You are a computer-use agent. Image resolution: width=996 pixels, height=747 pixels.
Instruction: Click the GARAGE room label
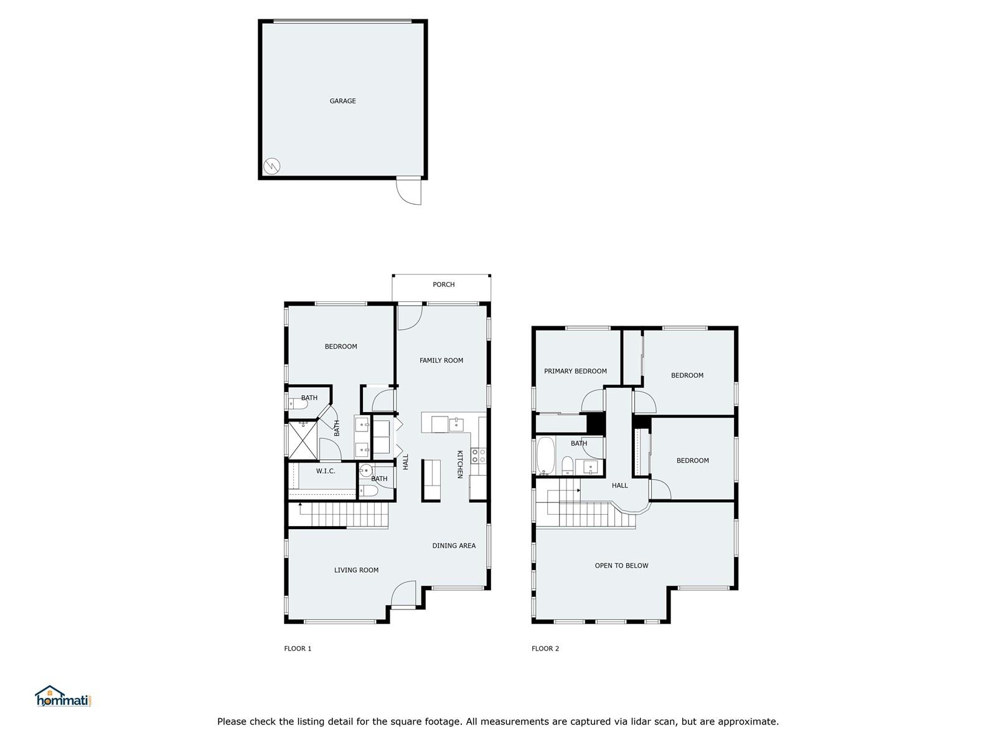(342, 101)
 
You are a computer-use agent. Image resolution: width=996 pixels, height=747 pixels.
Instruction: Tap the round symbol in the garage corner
(271, 166)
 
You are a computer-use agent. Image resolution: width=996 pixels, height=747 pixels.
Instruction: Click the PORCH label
(443, 284)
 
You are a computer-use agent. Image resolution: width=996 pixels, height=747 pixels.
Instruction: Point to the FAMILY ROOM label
(441, 360)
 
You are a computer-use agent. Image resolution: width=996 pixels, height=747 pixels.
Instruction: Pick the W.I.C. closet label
(326, 471)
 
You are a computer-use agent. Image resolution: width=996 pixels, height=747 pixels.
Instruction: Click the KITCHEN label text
(459, 464)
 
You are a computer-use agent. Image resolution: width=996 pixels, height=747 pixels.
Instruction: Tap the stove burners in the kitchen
(478, 456)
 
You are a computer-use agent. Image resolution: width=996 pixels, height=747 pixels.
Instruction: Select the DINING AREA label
(454, 546)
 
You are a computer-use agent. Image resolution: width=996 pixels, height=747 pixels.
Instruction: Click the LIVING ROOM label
(356, 570)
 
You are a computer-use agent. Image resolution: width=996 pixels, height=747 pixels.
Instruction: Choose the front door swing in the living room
(403, 594)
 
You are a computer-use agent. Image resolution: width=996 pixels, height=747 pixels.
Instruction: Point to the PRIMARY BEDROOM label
(575, 371)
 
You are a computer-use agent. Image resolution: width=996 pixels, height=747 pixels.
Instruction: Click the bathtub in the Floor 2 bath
(545, 456)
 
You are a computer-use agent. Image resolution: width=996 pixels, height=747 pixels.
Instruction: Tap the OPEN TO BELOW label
(621, 566)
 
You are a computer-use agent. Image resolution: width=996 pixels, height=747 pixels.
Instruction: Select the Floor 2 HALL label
(619, 486)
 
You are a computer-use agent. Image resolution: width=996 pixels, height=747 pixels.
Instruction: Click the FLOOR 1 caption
(298, 649)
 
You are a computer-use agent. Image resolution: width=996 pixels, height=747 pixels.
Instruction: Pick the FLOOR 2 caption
(545, 649)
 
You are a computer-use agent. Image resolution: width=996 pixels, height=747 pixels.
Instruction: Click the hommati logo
(64, 696)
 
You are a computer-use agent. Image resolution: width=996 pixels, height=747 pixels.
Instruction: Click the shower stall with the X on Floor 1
(303, 440)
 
